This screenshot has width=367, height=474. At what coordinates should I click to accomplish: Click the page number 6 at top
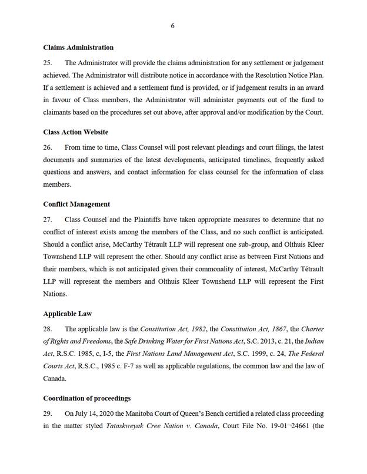[172, 26]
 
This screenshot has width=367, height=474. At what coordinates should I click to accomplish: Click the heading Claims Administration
[78, 48]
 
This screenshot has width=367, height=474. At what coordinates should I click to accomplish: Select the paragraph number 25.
[48, 63]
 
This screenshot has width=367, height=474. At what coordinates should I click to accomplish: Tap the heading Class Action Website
[75, 132]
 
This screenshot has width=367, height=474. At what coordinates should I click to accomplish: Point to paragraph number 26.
[48, 147]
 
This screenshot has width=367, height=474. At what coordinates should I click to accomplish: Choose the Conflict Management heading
[76, 204]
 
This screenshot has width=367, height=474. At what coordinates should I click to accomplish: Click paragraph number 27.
[48, 219]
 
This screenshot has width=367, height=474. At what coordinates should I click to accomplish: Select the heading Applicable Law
[67, 314]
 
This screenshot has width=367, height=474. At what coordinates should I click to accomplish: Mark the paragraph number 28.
[48, 329]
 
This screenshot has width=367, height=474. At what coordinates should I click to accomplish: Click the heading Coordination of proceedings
[86, 398]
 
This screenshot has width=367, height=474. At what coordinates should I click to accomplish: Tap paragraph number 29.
[48, 414]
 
